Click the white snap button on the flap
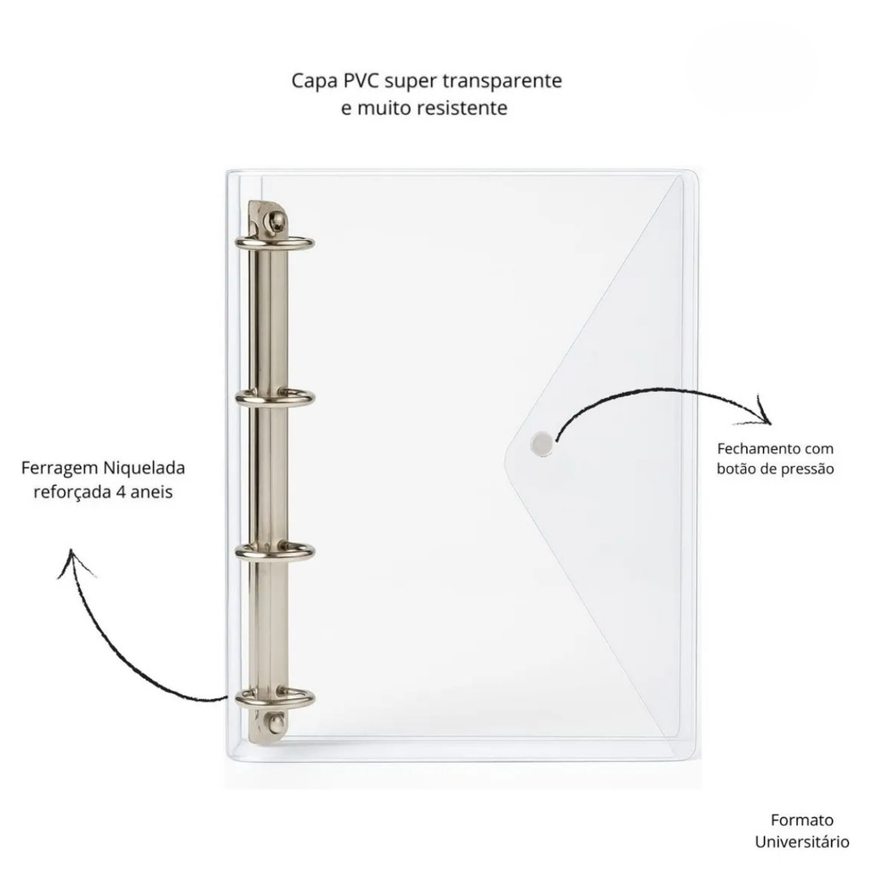pyautogui.click(x=541, y=441)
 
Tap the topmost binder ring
pyautogui.click(x=276, y=243)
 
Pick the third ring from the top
pyautogui.click(x=276, y=551)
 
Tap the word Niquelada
pyautogui.click(x=144, y=468)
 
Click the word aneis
pyautogui.click(x=153, y=492)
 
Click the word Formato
pyautogui.click(x=801, y=820)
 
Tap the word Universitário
pyautogui.click(x=801, y=842)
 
